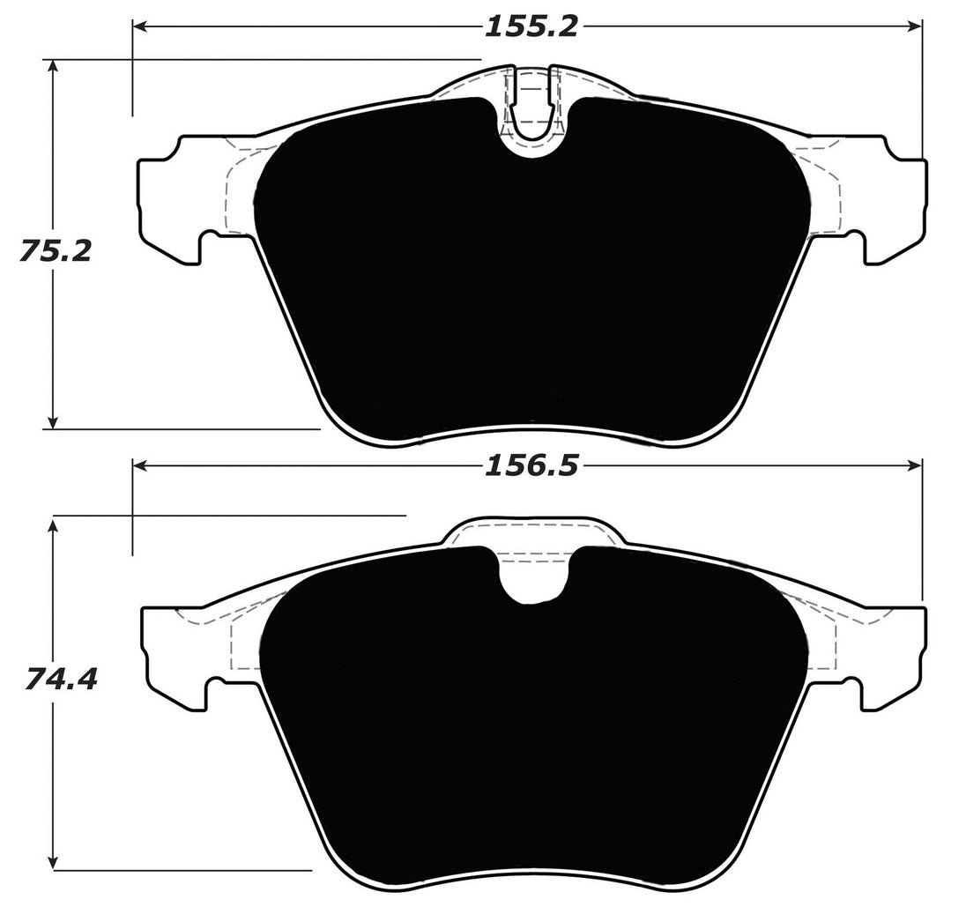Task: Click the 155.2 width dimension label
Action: point(530,27)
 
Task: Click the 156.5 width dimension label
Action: point(530,466)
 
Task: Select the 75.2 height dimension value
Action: point(55,251)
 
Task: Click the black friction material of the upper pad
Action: point(529,282)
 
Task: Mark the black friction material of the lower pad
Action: point(529,732)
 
